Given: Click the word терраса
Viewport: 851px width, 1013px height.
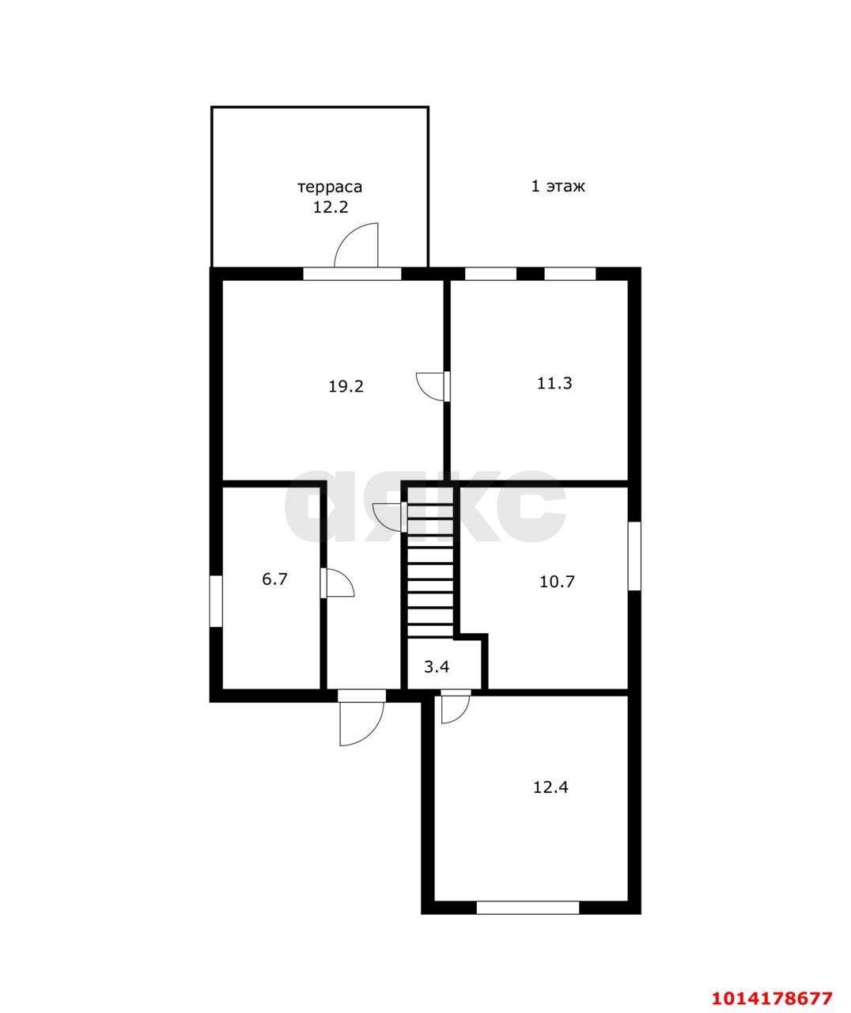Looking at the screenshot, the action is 330,188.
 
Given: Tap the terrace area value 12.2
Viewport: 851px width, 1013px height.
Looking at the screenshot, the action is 331,207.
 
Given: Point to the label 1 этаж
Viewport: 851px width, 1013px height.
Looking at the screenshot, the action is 558,186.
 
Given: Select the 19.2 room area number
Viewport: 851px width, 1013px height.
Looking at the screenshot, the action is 346,386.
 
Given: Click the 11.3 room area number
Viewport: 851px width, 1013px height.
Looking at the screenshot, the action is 554,383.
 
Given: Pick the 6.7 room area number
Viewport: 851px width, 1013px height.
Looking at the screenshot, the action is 274,579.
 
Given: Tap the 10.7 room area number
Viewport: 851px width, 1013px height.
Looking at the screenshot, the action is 557,581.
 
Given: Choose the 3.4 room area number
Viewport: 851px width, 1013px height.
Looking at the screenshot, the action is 437,666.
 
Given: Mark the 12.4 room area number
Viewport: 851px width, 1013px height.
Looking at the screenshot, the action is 550,787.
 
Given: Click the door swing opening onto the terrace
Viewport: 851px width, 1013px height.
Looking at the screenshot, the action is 356,245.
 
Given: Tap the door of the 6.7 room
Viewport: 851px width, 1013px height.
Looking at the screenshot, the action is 337,582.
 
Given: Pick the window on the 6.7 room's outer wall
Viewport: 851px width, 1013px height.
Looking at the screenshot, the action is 216,601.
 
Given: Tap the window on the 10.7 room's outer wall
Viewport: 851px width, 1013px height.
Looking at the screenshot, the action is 634,556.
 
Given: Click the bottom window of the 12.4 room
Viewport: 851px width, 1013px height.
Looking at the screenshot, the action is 528,907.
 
